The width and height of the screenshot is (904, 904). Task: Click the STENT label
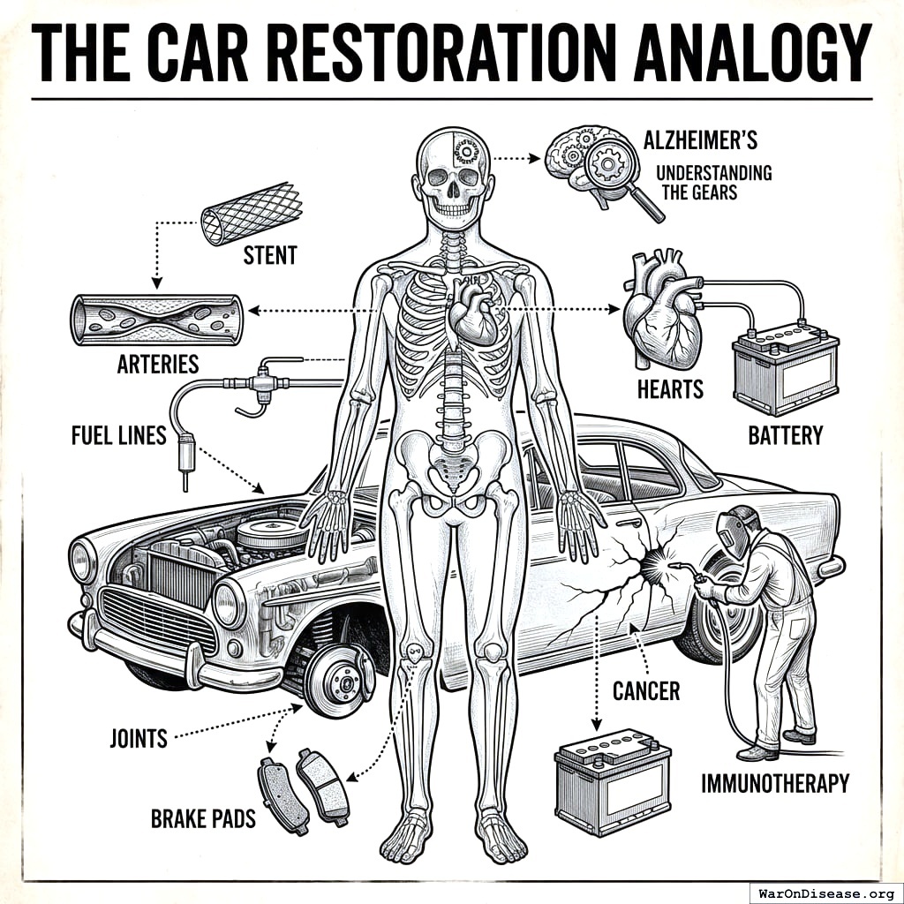(270, 256)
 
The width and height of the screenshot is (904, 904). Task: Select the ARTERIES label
(158, 363)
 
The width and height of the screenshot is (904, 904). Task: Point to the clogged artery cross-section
(156, 319)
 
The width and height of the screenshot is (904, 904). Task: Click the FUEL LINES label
(119, 435)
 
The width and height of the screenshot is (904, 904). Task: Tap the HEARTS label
(670, 388)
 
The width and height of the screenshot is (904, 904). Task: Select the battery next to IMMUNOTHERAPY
(613, 780)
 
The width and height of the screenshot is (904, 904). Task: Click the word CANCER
(646, 690)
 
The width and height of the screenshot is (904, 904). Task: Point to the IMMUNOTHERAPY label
(775, 782)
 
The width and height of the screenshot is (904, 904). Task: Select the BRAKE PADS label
(203, 818)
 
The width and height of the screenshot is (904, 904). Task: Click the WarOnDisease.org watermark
(825, 892)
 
